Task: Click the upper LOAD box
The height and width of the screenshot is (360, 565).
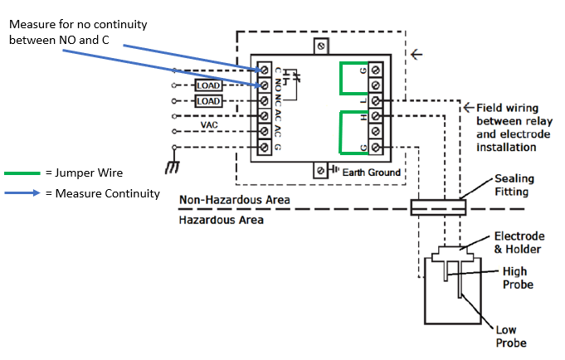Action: click(208, 85)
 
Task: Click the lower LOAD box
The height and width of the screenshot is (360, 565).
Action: click(208, 101)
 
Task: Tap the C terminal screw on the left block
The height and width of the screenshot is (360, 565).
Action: click(265, 70)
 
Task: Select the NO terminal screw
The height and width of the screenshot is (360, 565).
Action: click(265, 85)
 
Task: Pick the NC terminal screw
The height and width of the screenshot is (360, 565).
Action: click(265, 101)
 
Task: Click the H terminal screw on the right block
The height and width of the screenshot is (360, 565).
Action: click(375, 116)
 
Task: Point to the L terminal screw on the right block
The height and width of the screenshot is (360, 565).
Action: click(375, 101)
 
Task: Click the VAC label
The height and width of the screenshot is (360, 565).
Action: click(210, 124)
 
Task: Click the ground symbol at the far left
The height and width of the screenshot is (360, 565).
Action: click(173, 168)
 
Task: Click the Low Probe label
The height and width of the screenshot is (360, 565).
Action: click(511, 335)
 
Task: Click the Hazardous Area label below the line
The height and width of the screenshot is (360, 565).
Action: click(222, 220)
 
